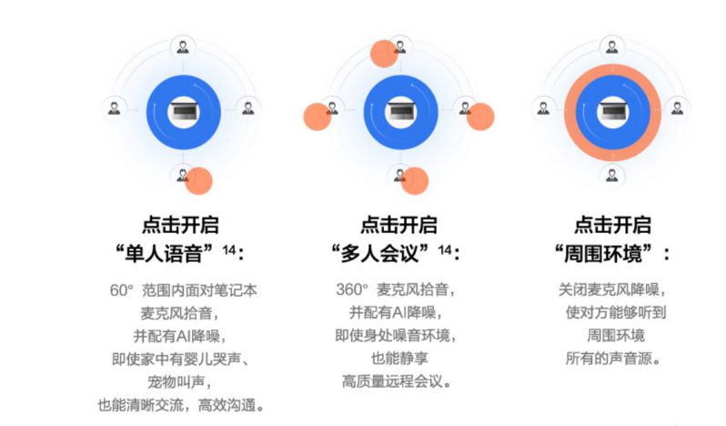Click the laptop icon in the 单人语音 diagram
pos(184,112)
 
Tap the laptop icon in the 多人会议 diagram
pos(400,112)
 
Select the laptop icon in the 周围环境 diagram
pos(612,112)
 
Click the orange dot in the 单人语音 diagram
pos(199,180)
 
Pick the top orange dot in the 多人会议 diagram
pos(384,54)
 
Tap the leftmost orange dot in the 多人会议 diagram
pos(318,117)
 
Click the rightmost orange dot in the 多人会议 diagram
pos(480,117)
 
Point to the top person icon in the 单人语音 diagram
pos(183,47)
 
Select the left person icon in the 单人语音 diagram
pos(114,109)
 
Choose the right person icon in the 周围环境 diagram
pos(678,109)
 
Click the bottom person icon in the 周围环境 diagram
pos(612,176)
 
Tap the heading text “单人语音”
pos(164,253)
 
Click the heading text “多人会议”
pos(379,253)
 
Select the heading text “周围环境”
pos(603,253)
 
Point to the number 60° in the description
pos(121,290)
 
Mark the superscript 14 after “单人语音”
pos(229,250)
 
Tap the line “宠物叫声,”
pos(179,382)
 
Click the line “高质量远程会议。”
pos(397,381)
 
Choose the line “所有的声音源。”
pos(613,359)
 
